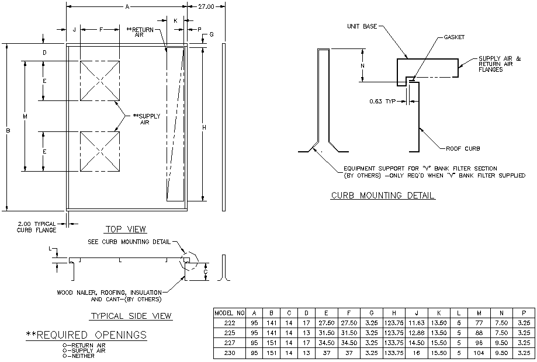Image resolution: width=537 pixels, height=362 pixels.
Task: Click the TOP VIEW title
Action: tap(126, 229)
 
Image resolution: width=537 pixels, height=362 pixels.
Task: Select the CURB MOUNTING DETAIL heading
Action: tap(383, 196)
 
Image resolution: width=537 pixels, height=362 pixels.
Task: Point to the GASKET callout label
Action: tap(453, 37)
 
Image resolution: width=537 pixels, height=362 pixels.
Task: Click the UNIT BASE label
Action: tap(362, 26)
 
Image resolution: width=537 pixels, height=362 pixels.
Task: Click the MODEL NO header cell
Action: tap(230, 313)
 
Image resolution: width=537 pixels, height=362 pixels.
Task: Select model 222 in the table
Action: tap(230, 323)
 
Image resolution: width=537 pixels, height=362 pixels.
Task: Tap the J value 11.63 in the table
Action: tap(417, 323)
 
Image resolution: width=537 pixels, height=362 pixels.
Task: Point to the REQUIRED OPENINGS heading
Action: tap(86, 335)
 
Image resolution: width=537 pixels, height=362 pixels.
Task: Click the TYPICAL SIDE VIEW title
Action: tap(131, 316)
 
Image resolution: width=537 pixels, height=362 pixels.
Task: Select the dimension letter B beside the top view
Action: tap(8, 131)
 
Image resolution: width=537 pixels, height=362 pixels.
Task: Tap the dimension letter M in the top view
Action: tap(25, 117)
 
